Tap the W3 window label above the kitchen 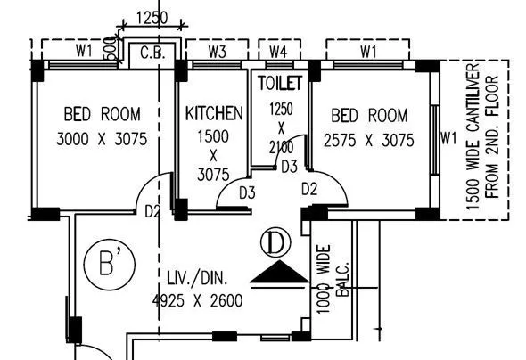pyautogui.click(x=217, y=52)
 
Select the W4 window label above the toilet pyautogui.click(x=278, y=52)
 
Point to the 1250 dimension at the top pyautogui.click(x=152, y=17)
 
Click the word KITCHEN pyautogui.click(x=214, y=114)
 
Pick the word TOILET pyautogui.click(x=280, y=83)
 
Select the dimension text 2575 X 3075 pyautogui.click(x=369, y=139)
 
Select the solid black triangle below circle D pyautogui.click(x=276, y=272)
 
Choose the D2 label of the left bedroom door pyautogui.click(x=152, y=212)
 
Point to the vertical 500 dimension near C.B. pyautogui.click(x=109, y=49)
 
